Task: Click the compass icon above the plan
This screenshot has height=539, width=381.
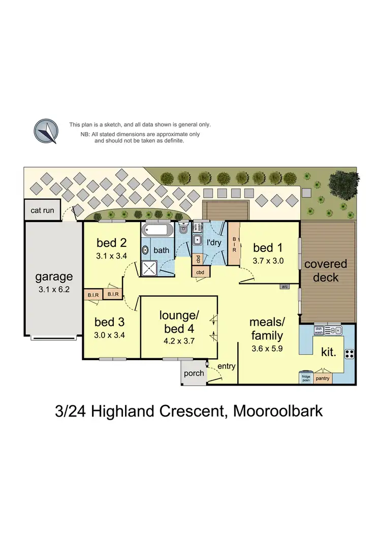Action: click(x=46, y=131)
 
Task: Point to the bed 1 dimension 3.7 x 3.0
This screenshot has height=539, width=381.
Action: click(x=268, y=261)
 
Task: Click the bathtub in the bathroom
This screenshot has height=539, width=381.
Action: click(x=157, y=230)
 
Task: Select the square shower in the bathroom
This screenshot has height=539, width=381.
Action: click(x=149, y=268)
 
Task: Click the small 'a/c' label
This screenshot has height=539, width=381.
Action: click(x=285, y=287)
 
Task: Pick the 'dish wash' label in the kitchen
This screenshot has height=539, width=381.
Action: click(x=320, y=330)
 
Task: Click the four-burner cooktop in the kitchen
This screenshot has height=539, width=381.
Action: click(x=349, y=354)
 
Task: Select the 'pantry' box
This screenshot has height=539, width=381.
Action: click(x=323, y=378)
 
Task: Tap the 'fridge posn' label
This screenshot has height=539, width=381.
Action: click(x=306, y=378)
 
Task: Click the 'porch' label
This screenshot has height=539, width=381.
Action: click(x=194, y=373)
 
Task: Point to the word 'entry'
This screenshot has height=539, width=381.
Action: click(x=226, y=365)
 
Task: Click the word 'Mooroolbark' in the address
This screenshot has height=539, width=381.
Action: click(x=278, y=410)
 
